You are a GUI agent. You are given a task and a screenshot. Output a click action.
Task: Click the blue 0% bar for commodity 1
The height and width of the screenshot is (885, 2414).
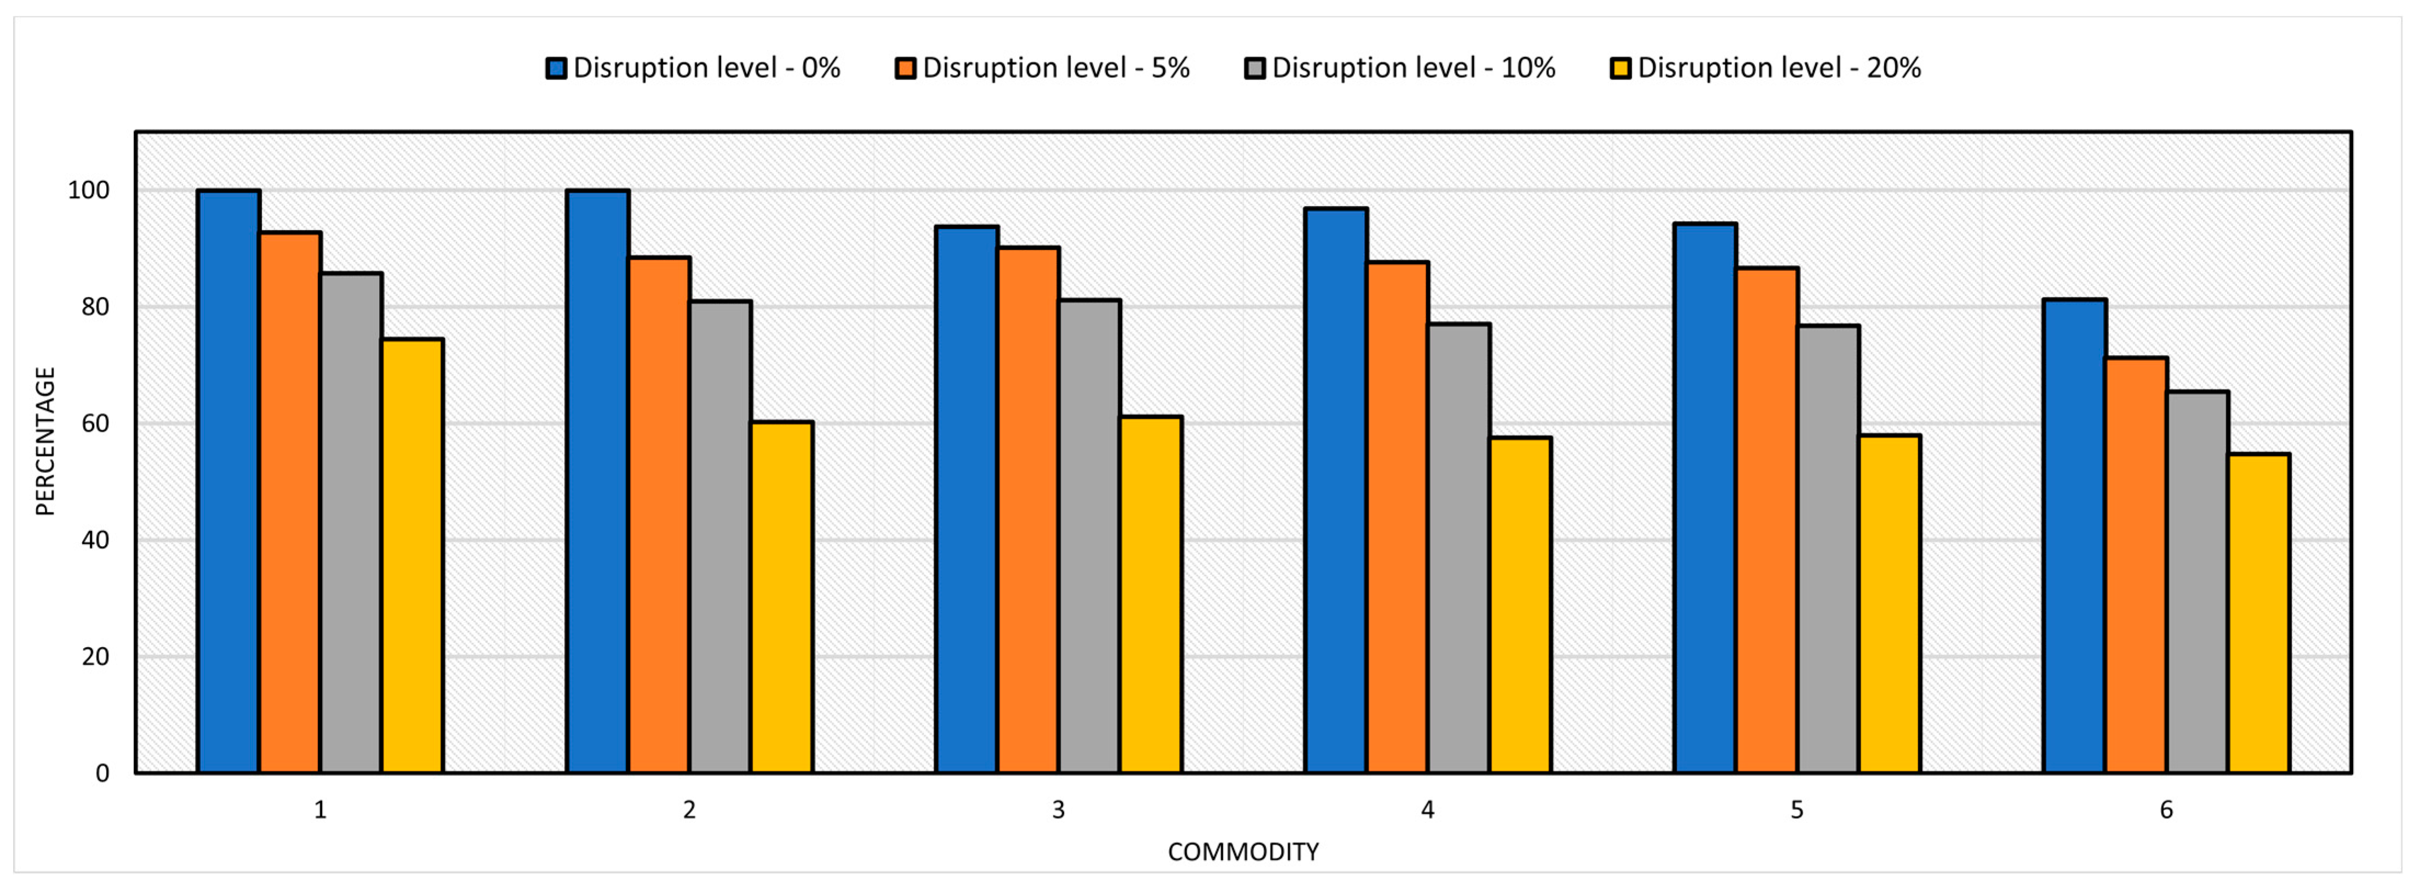pos(228,481)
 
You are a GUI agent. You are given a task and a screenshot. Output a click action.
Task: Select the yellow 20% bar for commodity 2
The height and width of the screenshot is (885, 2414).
pos(781,597)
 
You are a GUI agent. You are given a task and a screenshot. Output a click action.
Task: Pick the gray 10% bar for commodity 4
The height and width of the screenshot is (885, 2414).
pos(1459,549)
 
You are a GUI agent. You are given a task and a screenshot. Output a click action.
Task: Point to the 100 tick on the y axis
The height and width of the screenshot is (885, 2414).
pos(88,190)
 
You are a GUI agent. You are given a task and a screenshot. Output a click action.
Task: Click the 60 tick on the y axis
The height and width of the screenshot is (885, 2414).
pos(95,424)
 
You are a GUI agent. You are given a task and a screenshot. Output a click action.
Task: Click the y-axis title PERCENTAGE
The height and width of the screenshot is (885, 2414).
pos(45,441)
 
